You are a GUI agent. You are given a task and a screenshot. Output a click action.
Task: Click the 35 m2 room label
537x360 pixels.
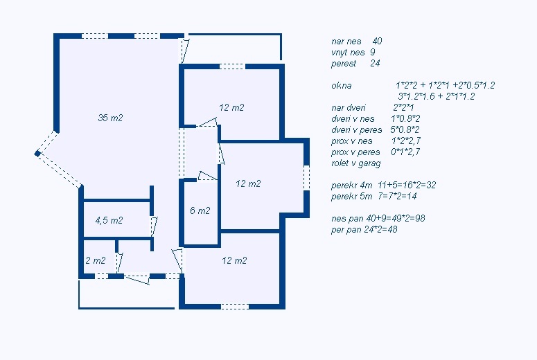click(110, 118)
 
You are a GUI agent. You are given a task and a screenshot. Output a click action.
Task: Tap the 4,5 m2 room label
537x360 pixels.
click(109, 220)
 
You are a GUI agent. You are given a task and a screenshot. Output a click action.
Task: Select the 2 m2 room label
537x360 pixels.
click(96, 260)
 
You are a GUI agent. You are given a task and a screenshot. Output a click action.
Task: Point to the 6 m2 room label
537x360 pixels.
click(200, 210)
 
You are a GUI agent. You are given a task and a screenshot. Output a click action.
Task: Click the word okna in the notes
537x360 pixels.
click(341, 85)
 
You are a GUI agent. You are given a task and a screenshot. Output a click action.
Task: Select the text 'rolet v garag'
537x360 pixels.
click(356, 163)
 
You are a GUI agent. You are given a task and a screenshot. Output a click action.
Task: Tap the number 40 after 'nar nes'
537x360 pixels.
click(377, 41)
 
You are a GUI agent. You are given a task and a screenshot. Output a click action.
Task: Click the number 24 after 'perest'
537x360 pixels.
click(375, 63)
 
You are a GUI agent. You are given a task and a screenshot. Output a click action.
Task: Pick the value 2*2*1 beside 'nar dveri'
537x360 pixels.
click(403, 107)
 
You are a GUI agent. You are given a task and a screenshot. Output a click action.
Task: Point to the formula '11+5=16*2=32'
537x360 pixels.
click(407, 185)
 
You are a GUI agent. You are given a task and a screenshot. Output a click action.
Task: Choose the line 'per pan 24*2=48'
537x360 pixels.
click(364, 229)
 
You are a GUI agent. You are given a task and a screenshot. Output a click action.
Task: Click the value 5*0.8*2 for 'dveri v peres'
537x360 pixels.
click(405, 129)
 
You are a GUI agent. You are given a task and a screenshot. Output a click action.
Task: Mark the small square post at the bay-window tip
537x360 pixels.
click(37, 154)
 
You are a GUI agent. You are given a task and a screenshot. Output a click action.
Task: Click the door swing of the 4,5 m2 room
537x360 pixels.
click(154, 226)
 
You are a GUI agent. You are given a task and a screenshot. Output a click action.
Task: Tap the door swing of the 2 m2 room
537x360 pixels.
click(119, 263)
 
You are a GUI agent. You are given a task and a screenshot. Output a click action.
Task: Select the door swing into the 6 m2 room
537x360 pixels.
click(207, 176)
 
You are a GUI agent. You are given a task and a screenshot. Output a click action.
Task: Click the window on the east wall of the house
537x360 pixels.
click(306, 178)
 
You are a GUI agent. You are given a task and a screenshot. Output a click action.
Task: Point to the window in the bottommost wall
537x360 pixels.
click(235, 306)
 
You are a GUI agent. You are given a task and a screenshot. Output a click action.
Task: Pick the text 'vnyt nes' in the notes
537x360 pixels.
click(348, 53)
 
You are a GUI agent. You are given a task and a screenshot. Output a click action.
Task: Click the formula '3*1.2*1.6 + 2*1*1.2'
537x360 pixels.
click(437, 96)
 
